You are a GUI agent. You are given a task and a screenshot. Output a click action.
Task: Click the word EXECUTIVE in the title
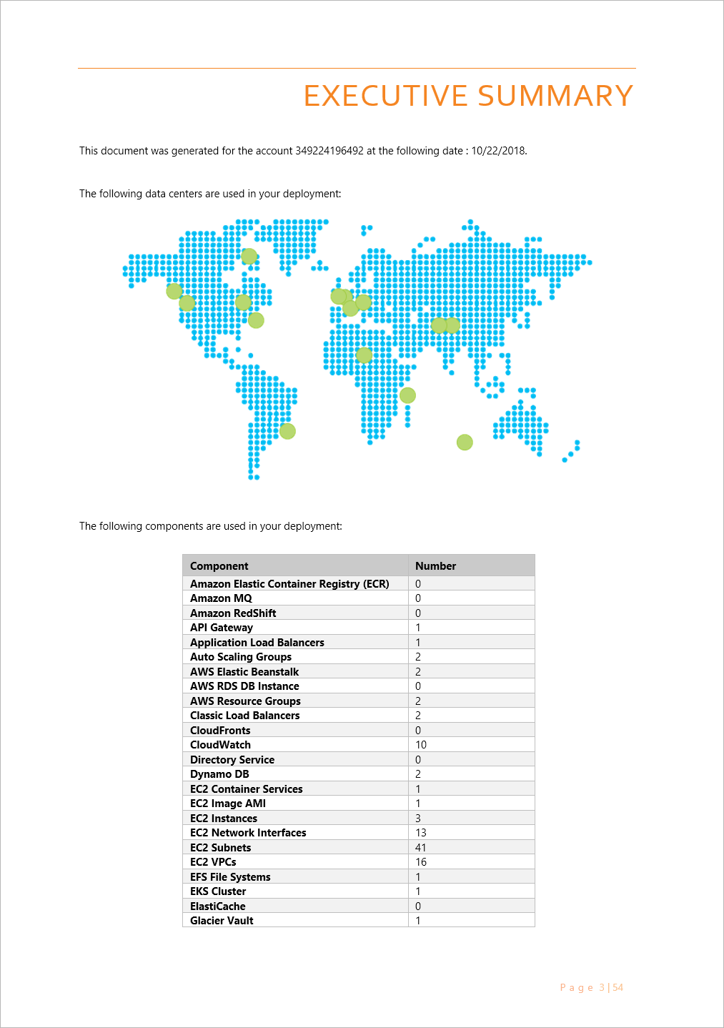(x=386, y=96)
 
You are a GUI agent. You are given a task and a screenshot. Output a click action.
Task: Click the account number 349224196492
(x=329, y=151)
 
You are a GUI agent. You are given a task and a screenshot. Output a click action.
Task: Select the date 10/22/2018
(x=498, y=151)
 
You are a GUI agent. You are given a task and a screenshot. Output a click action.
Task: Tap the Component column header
(x=219, y=566)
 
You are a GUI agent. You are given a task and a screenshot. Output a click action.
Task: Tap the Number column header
(x=435, y=566)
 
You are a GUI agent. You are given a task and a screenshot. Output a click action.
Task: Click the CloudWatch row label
(x=220, y=745)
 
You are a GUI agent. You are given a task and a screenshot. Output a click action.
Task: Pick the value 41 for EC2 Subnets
(x=421, y=848)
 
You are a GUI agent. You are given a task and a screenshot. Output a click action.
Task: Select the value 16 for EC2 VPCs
(x=421, y=862)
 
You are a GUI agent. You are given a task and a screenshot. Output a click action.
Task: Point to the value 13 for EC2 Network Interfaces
(x=421, y=833)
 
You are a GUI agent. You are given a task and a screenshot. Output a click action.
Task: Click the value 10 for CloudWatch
(x=421, y=745)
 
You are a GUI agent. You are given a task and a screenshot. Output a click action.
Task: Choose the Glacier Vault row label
(x=222, y=921)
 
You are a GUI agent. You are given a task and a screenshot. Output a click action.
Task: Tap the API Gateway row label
(x=222, y=628)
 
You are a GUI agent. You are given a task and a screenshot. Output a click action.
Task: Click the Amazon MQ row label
(x=221, y=598)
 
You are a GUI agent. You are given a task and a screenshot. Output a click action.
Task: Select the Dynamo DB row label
(x=219, y=774)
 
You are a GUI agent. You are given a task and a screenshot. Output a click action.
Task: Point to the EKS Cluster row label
(x=218, y=891)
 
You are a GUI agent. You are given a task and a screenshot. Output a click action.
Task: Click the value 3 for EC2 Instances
(x=418, y=819)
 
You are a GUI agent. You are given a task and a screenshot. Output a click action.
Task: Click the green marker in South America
(x=287, y=431)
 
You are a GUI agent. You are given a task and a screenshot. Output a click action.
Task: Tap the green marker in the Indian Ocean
(x=465, y=443)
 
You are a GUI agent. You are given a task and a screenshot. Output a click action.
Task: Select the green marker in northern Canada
(x=249, y=256)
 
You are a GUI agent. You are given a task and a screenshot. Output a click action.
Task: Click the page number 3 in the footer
(x=602, y=988)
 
